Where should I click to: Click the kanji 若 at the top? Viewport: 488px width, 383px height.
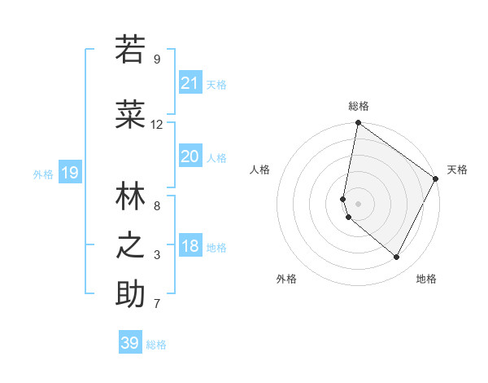coord(130,50)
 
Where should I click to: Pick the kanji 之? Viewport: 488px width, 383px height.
coord(130,244)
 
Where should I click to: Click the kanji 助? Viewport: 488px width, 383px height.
coord(130,294)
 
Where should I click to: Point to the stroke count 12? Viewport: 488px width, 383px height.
coord(156,125)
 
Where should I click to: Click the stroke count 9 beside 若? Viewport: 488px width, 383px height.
coord(156,59)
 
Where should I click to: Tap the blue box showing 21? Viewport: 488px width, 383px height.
coord(190,82)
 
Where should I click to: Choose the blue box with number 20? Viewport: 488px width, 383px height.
coord(190,156)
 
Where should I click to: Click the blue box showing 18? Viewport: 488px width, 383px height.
coord(190,246)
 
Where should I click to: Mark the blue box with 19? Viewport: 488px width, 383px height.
coord(70,172)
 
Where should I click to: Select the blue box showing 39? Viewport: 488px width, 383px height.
coord(130,343)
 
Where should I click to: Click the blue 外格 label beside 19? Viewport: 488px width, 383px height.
coord(43,174)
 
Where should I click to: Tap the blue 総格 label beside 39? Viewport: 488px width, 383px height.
coord(157,345)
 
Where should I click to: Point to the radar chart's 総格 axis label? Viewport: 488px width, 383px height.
coord(358,106)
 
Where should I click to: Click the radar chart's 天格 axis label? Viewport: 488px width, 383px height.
coord(457,169)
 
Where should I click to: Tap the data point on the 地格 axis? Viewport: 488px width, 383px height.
coord(397,258)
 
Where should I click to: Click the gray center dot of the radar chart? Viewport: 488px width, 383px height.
coord(358,204)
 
